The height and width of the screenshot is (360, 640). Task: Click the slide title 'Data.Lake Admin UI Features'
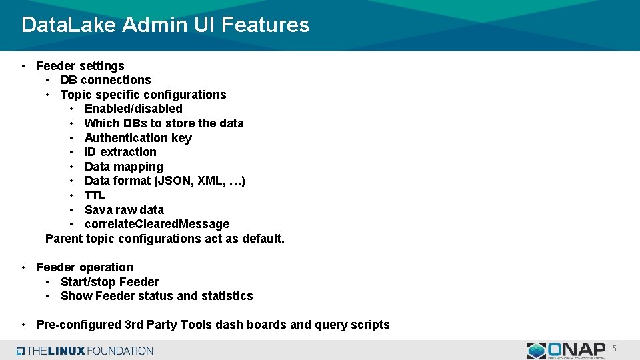click(x=165, y=25)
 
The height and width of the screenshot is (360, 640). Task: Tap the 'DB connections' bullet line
click(x=105, y=80)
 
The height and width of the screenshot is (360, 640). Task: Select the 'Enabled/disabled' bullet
click(x=133, y=109)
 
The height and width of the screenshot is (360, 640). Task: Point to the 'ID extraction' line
click(x=120, y=152)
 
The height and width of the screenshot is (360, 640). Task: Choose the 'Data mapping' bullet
click(x=123, y=167)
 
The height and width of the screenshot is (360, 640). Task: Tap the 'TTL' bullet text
click(x=95, y=195)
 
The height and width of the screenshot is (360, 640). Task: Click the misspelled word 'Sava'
click(x=98, y=210)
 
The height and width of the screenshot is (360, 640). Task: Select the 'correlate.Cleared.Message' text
click(x=157, y=224)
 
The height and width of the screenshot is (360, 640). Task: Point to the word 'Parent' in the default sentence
click(x=64, y=239)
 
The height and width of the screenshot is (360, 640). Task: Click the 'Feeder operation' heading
click(x=85, y=267)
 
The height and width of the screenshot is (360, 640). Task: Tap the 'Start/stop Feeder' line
click(x=109, y=282)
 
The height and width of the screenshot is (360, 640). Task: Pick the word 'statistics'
click(x=227, y=296)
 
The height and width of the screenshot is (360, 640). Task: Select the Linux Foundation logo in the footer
click(x=85, y=351)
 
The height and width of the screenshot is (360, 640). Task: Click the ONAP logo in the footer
click(x=566, y=350)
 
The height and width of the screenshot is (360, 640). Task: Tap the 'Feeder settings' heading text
click(x=80, y=66)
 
